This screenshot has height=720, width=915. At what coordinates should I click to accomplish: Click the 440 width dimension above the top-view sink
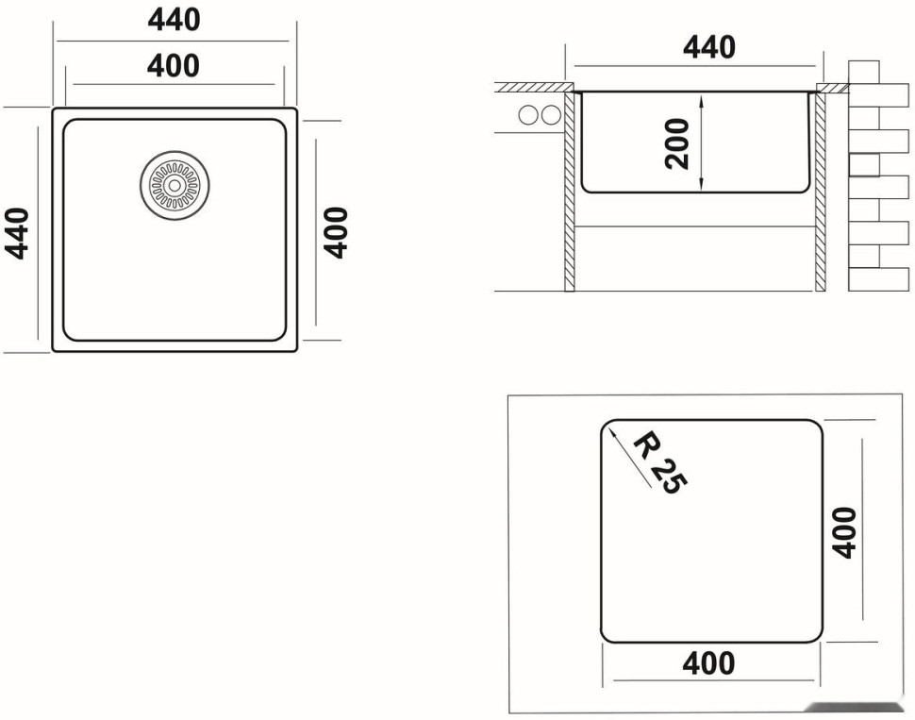pyautogui.click(x=174, y=20)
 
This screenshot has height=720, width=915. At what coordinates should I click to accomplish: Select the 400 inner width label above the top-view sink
pyautogui.click(x=174, y=66)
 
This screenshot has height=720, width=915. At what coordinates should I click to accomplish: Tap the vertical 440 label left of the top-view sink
pyautogui.click(x=18, y=232)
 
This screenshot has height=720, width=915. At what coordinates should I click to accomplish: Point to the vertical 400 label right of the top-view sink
pyautogui.click(x=337, y=232)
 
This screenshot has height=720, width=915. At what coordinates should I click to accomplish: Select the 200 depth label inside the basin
pyautogui.click(x=677, y=142)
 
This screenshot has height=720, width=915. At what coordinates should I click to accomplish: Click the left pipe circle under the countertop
pyautogui.click(x=528, y=115)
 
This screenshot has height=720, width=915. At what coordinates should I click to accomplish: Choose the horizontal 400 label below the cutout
pyautogui.click(x=708, y=663)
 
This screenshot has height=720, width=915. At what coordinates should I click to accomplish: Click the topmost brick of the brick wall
pyautogui.click(x=864, y=72)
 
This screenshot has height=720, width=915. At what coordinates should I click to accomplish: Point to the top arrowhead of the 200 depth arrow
pyautogui.click(x=702, y=97)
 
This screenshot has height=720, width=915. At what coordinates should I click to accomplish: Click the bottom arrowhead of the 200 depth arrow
pyautogui.click(x=702, y=187)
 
